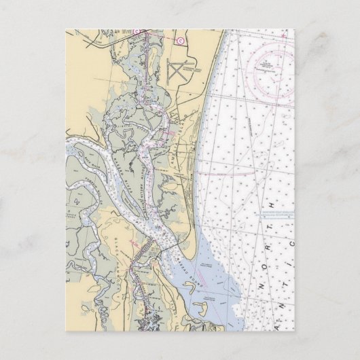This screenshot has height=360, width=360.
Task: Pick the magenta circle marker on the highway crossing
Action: pos(136,31)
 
